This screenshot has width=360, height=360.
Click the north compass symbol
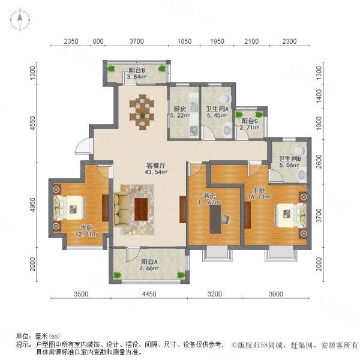(x=19, y=20)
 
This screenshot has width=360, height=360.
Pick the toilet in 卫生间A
(x=225, y=98)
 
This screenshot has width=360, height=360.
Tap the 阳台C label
(x=248, y=120)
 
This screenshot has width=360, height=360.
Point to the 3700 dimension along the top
(x=137, y=41)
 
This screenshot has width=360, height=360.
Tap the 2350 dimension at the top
(x=71, y=41)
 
